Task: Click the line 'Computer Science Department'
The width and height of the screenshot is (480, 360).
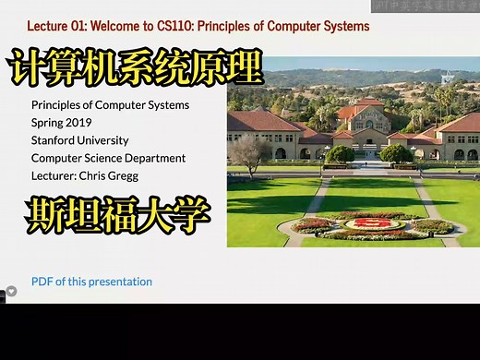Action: coord(108,158)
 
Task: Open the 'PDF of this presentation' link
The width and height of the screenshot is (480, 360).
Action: coord(91,282)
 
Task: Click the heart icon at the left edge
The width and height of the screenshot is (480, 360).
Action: coord(11,292)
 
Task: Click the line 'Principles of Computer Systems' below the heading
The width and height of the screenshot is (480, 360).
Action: coord(110,105)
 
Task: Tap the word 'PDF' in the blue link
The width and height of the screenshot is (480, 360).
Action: coord(42,282)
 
